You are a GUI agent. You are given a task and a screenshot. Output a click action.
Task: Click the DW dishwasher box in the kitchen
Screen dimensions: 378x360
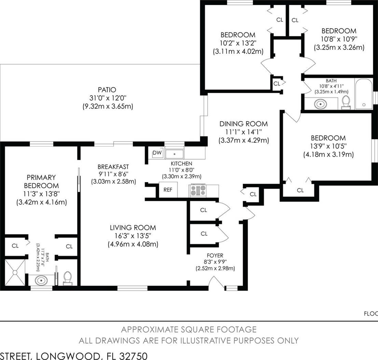(x=157, y=153)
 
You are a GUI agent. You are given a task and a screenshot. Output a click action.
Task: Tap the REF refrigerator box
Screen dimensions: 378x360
(x=168, y=190)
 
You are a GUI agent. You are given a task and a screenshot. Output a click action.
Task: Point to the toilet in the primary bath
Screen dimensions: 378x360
(x=68, y=278)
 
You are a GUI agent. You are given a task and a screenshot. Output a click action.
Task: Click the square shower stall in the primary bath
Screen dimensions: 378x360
(x=15, y=273)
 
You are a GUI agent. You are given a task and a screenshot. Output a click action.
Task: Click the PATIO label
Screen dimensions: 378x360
(x=107, y=90)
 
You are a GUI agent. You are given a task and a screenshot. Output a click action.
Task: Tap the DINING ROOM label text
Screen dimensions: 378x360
(x=244, y=124)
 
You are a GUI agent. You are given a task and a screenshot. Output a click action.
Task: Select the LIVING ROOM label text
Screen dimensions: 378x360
(x=133, y=227)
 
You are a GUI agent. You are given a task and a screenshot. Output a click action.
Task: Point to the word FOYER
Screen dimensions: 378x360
(x=215, y=255)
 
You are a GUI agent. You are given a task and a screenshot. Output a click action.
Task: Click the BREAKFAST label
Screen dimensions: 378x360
(x=113, y=167)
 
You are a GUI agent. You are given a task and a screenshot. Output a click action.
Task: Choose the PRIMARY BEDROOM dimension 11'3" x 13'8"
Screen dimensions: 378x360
(x=42, y=194)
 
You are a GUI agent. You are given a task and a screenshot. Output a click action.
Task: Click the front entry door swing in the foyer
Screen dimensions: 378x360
(x=216, y=281)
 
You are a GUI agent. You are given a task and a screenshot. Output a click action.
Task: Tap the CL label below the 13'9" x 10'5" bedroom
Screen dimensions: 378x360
(x=300, y=190)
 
